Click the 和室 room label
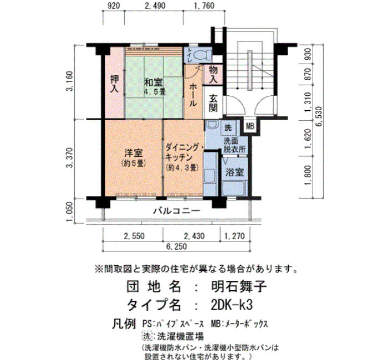pyautogui.click(x=153, y=83)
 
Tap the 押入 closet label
pyautogui.click(x=114, y=84)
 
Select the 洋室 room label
pyautogui.click(x=134, y=153)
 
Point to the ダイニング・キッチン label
pyautogui.click(x=185, y=152)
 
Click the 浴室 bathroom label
pyautogui.click(x=234, y=172)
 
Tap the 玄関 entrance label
pyautogui.click(x=213, y=103)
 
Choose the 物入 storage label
pyautogui.click(x=213, y=74)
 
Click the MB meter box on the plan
pyautogui.click(x=250, y=126)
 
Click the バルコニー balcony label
pyautogui.click(x=176, y=212)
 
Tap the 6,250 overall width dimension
pyautogui.click(x=176, y=246)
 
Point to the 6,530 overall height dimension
pyautogui.click(x=319, y=116)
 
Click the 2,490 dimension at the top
pyautogui.click(x=155, y=6)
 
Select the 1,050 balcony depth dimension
pyautogui.click(x=70, y=212)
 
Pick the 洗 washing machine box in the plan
pyautogui.click(x=228, y=127)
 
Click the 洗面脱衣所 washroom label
pyautogui.click(x=234, y=145)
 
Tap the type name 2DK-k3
pyautogui.click(x=232, y=305)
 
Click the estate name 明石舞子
pyautogui.click(x=239, y=287)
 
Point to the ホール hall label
pyautogui.click(x=193, y=95)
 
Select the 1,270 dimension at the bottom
pyautogui.click(x=234, y=236)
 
